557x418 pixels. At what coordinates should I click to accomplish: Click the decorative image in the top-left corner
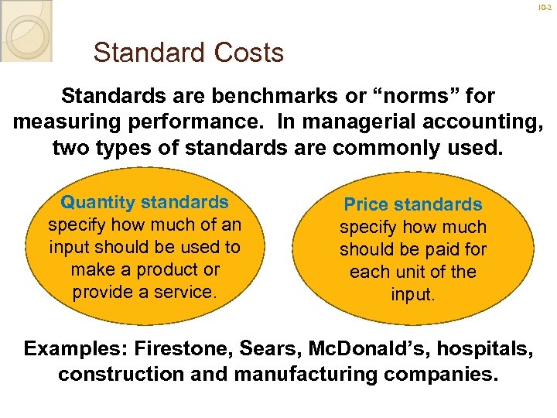coord(26,29)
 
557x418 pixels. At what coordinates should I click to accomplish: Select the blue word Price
coord(367,205)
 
